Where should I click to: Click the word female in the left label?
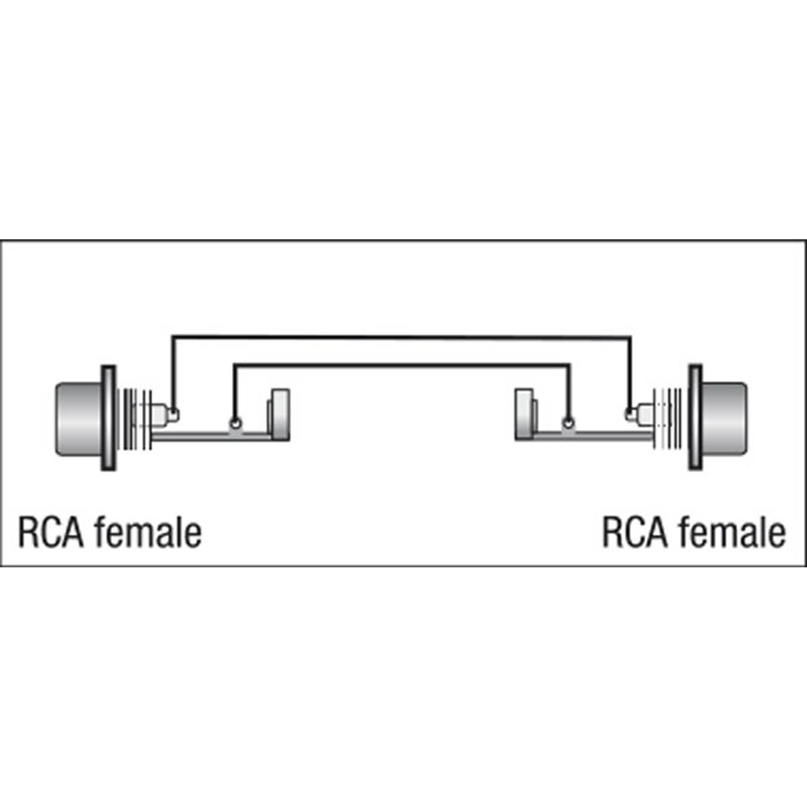tap(148, 532)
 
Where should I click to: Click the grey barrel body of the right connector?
tap(724, 418)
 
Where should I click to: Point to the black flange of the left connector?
tap(108, 418)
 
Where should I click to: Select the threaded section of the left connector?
tap(136, 419)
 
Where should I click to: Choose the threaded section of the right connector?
tap(668, 419)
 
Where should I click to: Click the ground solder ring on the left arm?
tap(236, 424)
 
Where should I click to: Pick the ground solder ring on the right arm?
tap(567, 423)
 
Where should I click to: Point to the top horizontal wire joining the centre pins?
tap(401, 337)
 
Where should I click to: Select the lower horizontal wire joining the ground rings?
tap(401, 365)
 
